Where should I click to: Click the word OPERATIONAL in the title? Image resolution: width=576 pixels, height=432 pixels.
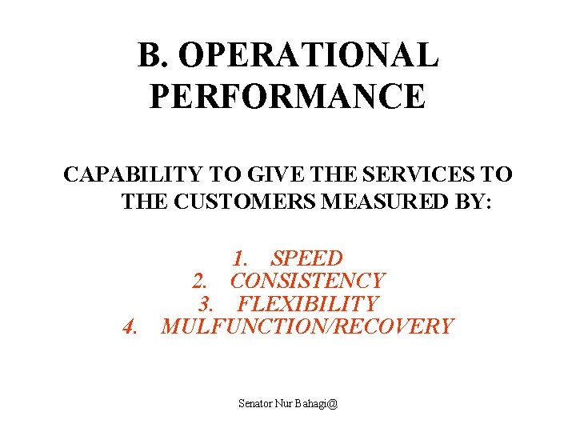309,56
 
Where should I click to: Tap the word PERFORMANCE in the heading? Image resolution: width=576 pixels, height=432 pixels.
287,96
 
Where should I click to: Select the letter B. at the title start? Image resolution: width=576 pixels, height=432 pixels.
154,56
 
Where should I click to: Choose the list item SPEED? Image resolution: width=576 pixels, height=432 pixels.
306,258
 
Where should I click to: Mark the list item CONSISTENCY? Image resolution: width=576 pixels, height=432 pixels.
307,281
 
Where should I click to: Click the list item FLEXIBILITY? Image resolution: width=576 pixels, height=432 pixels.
307,304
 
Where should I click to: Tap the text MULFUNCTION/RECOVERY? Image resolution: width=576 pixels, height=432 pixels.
307,326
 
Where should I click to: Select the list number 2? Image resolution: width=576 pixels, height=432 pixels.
200,281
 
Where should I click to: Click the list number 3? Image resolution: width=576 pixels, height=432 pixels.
206,304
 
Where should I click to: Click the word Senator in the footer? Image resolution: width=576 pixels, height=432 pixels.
258,403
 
